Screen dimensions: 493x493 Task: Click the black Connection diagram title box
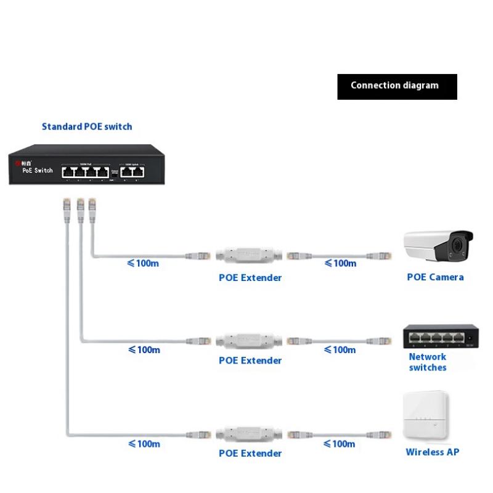(397, 86)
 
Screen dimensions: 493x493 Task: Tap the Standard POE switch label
(87, 127)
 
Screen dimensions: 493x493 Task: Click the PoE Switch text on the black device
(38, 171)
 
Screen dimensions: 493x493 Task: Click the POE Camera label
(435, 277)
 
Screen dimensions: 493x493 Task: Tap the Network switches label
(428, 362)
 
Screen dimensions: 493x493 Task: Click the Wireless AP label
(433, 452)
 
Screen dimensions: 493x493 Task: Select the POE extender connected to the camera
(250, 255)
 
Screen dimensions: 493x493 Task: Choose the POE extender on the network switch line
(250, 340)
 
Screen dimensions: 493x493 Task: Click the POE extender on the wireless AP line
(250, 433)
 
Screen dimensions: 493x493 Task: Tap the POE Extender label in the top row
(250, 278)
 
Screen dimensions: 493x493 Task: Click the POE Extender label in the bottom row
(250, 454)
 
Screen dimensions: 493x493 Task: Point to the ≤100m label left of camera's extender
(144, 264)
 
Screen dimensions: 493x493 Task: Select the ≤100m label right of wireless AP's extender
(340, 444)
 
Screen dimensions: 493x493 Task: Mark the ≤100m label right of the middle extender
(340, 350)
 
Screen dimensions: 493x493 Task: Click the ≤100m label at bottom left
(144, 444)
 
